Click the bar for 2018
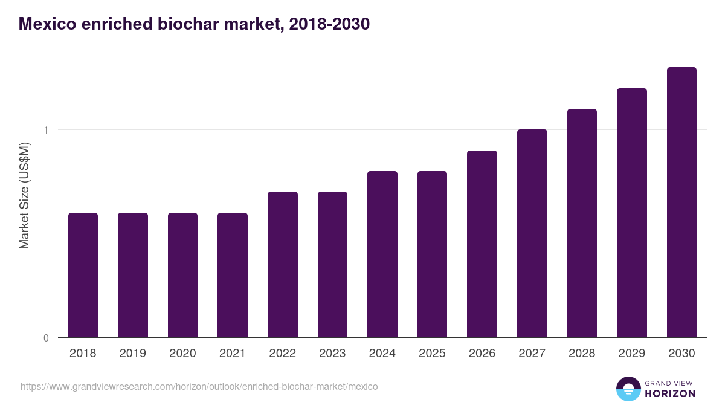click(x=83, y=275)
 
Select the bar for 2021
click(x=233, y=275)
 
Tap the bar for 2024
click(x=382, y=254)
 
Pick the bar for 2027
click(x=532, y=233)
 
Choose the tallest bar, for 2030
click(x=681, y=202)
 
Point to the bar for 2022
click(x=283, y=264)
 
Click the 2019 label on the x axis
click(x=133, y=354)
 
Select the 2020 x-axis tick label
click(x=182, y=354)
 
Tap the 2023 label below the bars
click(x=332, y=354)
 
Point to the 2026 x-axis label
click(x=482, y=354)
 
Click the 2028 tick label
click(x=582, y=354)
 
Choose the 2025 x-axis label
click(x=432, y=354)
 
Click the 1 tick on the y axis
click(x=46, y=130)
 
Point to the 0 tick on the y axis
click(x=46, y=338)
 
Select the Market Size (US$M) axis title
click(x=24, y=195)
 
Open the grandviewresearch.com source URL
click(x=199, y=386)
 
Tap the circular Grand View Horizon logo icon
click(x=628, y=389)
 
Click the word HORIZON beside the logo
click(x=670, y=393)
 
